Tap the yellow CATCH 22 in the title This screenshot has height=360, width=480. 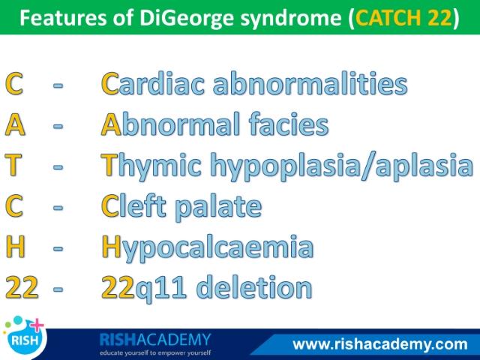(403, 17)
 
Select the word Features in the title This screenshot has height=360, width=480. (63, 17)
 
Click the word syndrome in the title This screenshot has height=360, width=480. (291, 18)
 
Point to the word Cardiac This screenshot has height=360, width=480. (153, 83)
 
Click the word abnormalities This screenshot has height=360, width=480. (310, 82)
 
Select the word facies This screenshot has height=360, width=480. (289, 124)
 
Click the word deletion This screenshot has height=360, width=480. (253, 286)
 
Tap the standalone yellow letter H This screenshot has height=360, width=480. (15, 247)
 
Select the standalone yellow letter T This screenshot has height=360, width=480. (13, 165)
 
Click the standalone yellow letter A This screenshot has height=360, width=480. (15, 124)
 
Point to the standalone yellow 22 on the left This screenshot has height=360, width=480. (22, 286)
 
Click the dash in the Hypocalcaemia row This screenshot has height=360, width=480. (58, 247)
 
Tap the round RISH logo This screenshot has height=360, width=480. (25, 338)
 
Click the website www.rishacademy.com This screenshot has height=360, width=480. (380, 344)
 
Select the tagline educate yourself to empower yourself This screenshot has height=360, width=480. (155, 352)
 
